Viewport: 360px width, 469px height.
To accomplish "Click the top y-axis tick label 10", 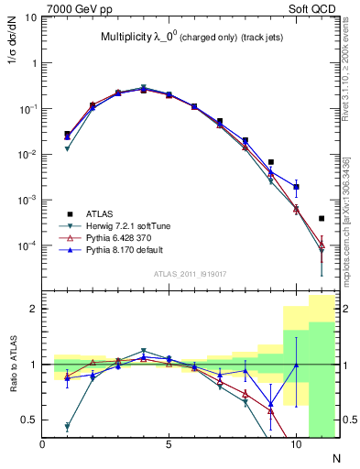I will [31, 17].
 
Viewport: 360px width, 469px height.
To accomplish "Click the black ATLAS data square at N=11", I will [322, 219].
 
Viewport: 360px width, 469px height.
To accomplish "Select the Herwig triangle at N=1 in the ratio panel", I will [68, 427].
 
